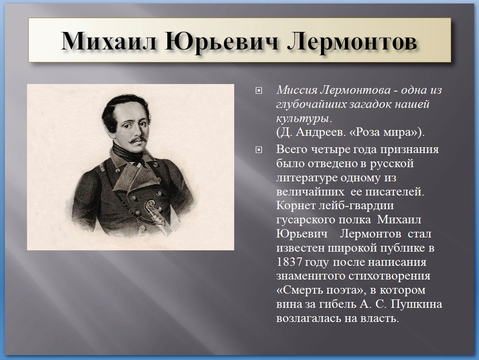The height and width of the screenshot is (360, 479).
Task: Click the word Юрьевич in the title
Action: click(221, 41)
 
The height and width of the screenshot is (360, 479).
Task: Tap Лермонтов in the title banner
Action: click(352, 41)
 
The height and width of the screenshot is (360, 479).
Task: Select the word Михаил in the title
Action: click(109, 41)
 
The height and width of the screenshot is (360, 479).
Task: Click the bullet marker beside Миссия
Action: click(259, 91)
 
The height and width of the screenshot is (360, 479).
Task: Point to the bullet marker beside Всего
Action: click(259, 150)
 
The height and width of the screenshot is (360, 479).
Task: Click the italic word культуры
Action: click(304, 119)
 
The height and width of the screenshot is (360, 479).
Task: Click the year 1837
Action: click(289, 262)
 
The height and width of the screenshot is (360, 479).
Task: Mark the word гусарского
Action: click(305, 220)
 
